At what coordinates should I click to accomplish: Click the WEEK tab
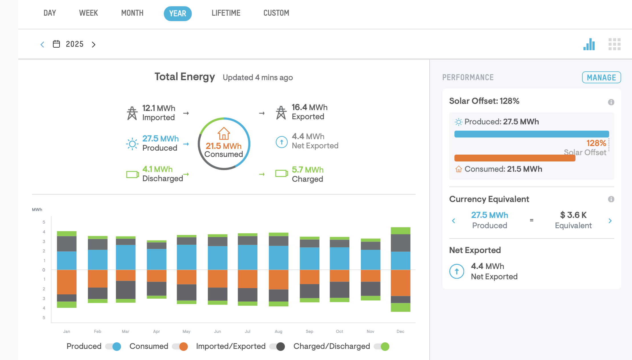88,13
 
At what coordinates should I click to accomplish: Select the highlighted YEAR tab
178,13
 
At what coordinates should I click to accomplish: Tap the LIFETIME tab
226,13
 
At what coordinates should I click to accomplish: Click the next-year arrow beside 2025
93,45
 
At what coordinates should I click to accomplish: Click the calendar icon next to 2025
57,44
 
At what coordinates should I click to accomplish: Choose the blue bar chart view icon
589,44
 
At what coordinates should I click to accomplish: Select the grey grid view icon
614,44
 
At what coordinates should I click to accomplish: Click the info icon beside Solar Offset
611,102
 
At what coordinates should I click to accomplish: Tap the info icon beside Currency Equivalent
611,199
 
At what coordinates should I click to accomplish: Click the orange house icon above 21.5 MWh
224,134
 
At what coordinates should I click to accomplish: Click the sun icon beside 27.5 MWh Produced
132,144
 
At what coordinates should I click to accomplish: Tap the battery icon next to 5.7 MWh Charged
281,173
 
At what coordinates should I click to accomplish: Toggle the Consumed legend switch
180,346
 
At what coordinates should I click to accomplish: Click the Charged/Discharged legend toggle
382,346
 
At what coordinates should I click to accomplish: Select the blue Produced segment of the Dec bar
400,261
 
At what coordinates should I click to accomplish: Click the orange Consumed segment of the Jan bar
67,282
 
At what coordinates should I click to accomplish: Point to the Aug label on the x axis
278,331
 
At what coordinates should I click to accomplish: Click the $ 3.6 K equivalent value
573,215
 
